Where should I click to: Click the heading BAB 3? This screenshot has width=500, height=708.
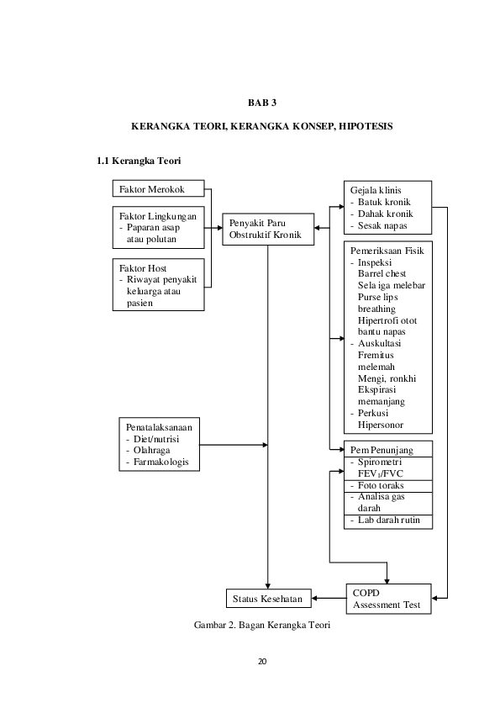pos(261,103)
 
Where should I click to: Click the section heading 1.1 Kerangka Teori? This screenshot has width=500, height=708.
pos(141,160)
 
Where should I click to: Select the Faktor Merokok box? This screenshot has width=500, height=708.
pos(157,189)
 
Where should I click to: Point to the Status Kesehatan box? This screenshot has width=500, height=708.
pos(268,599)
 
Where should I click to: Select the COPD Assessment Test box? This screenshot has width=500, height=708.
pos(388,599)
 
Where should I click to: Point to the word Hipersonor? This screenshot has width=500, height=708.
pos(382,425)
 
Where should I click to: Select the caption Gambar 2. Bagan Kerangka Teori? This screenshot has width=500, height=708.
pos(262,626)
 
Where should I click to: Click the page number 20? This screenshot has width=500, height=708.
pos(262,662)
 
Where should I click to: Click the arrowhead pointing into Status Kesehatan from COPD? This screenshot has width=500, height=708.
pos(315,599)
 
